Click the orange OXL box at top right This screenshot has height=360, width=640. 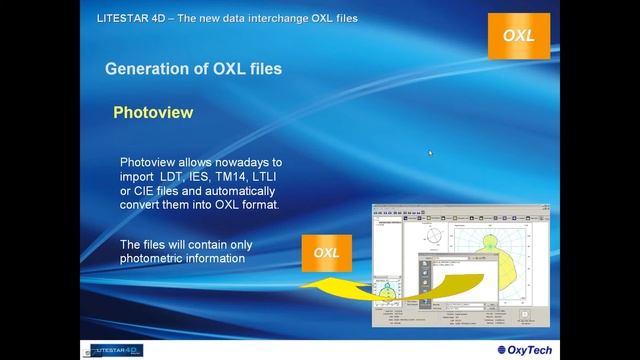coord(519,36)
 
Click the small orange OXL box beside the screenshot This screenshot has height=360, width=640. coord(326,253)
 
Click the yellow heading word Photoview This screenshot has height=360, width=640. coord(153,113)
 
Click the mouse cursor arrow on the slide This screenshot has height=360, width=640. coord(430,153)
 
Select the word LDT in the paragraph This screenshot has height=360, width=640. coord(159,176)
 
